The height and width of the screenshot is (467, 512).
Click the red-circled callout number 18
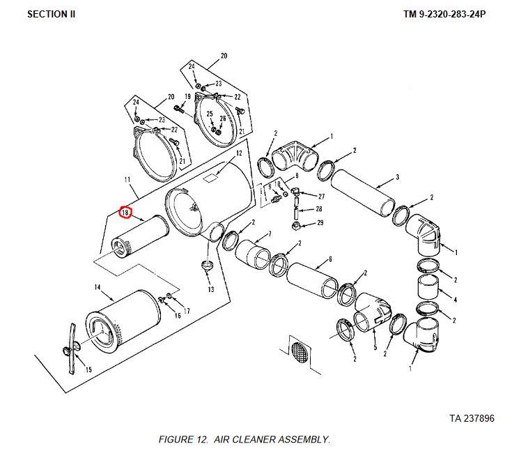(x=125, y=213)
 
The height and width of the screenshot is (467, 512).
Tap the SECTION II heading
(x=52, y=15)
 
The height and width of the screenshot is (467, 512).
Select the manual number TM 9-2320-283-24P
(x=444, y=15)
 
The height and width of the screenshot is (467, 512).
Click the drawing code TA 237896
(x=472, y=418)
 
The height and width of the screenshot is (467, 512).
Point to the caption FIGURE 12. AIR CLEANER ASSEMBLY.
(x=245, y=440)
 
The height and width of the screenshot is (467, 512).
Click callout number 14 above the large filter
(x=98, y=287)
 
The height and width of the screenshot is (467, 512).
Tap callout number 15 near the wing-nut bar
(x=88, y=369)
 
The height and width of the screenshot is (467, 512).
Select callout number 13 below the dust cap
(x=211, y=289)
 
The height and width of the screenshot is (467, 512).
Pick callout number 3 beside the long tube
(x=397, y=177)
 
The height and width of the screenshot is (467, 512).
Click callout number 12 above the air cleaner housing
(x=239, y=153)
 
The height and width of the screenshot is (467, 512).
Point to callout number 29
(x=320, y=222)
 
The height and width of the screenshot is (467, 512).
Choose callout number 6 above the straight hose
(x=330, y=259)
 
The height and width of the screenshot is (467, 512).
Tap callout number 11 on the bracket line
(x=127, y=179)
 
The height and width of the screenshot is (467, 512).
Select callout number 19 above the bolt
(x=187, y=96)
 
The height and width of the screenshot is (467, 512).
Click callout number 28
(x=319, y=208)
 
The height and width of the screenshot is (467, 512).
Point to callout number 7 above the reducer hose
(x=270, y=233)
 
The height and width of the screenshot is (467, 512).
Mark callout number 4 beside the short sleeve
(x=456, y=299)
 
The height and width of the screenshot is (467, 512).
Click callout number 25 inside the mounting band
(x=210, y=114)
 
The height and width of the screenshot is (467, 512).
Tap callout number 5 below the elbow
(x=375, y=347)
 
